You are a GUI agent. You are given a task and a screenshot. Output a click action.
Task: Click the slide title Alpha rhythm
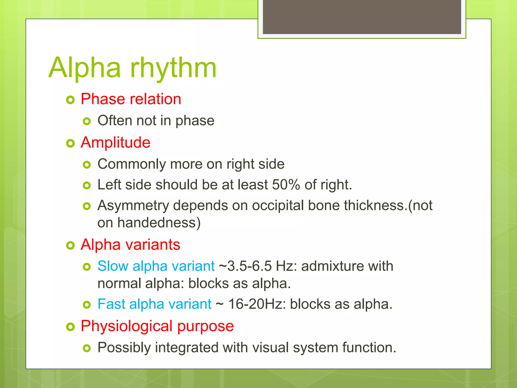point(133,68)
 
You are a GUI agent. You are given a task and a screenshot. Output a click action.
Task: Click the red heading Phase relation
point(131,99)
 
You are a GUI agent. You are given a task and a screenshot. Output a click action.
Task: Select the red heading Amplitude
point(115,142)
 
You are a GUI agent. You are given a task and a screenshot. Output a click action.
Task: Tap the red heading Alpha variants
point(130,245)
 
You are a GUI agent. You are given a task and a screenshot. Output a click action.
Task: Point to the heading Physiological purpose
point(157,326)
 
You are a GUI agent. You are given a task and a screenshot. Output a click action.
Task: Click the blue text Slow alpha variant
point(156,266)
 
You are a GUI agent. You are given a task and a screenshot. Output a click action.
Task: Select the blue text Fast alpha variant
point(154,304)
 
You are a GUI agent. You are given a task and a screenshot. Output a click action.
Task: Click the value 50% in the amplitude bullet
point(286,185)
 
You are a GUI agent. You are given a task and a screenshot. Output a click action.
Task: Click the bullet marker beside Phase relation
point(70,100)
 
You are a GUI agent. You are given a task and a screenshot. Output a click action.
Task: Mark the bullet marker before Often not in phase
point(87,122)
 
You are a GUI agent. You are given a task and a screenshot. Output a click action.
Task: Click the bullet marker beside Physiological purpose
point(70,327)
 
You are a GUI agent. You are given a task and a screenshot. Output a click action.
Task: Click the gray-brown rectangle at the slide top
point(362,17)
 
